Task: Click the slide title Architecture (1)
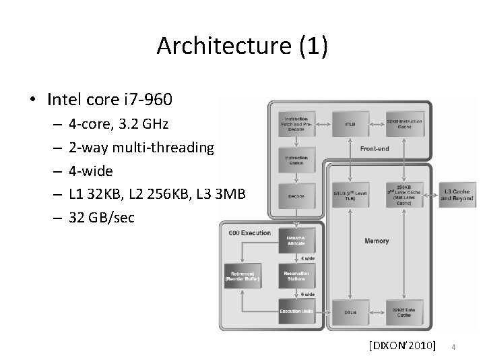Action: click(242, 46)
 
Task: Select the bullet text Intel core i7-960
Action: click(110, 100)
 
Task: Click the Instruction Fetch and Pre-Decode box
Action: click(297, 123)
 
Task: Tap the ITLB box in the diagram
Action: click(350, 124)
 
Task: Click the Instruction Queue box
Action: click(297, 160)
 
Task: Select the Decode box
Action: click(297, 197)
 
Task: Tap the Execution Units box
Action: click(297, 311)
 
